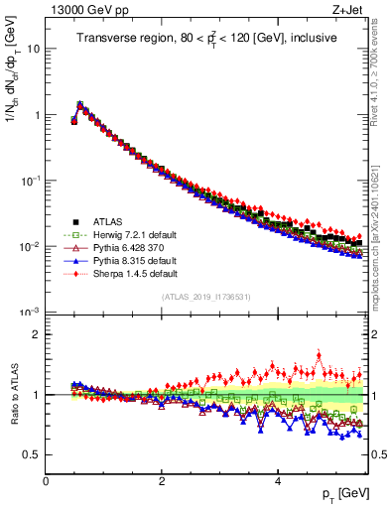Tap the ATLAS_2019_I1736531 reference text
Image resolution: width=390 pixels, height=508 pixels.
coord(206,297)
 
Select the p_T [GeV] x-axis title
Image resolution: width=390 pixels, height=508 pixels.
coord(344,493)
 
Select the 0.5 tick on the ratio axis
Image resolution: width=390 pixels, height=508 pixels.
coord(33,454)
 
